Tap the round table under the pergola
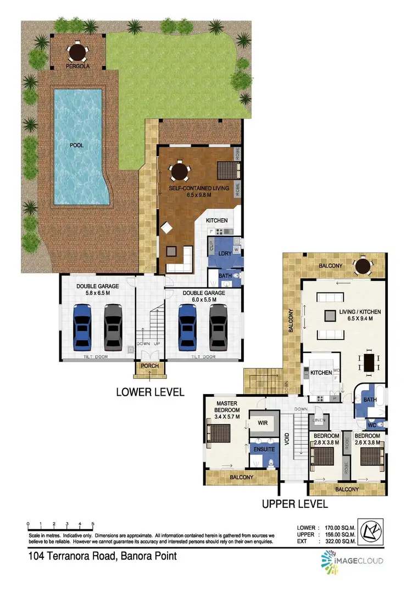(77, 52)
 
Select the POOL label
(76, 147)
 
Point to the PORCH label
(149, 367)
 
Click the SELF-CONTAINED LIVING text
(198, 188)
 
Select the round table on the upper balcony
(363, 267)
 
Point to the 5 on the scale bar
(93, 523)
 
